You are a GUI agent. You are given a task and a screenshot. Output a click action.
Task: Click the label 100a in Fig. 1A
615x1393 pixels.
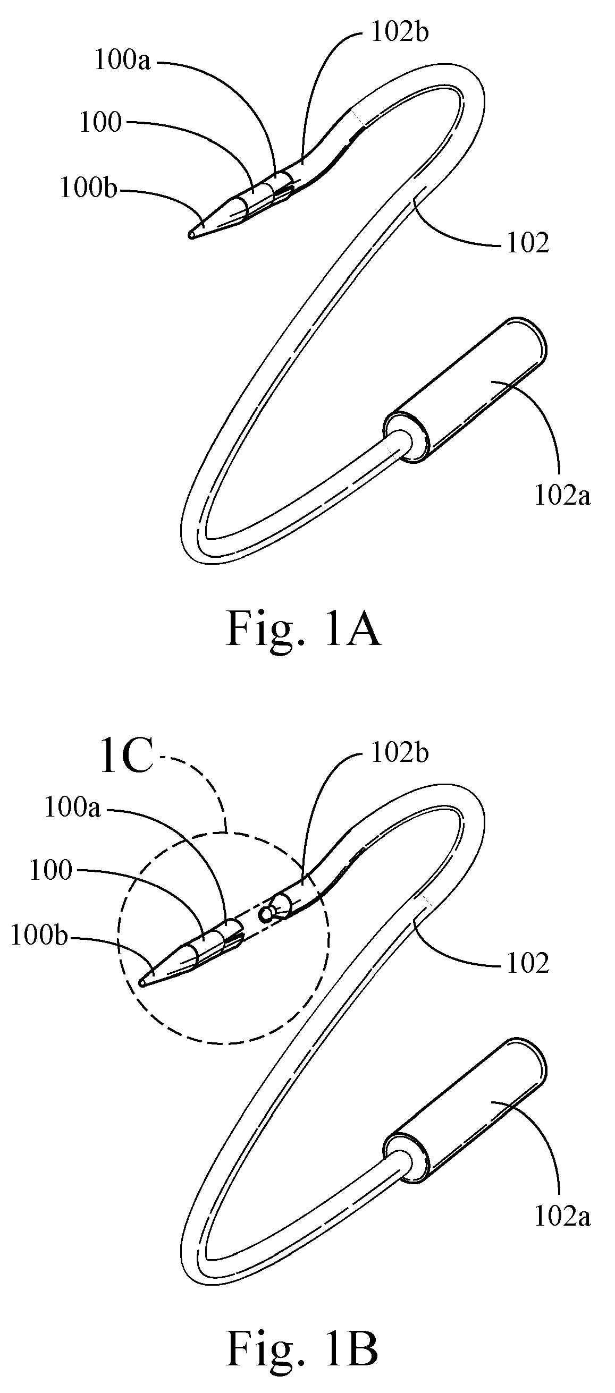[x=122, y=61]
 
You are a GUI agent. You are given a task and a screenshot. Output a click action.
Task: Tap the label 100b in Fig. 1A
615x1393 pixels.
[x=88, y=189]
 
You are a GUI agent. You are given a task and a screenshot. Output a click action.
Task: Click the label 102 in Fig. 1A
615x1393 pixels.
[x=527, y=244]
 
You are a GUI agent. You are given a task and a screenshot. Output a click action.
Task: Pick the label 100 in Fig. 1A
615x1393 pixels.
[x=100, y=123]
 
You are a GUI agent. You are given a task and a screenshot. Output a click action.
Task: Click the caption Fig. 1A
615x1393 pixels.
[x=303, y=629]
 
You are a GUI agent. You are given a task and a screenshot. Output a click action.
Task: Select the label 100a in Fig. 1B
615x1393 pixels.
[x=72, y=809]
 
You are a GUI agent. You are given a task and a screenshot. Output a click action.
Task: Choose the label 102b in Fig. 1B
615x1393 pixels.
[x=400, y=752]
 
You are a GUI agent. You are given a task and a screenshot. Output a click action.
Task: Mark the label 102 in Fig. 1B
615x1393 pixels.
[x=527, y=964]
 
